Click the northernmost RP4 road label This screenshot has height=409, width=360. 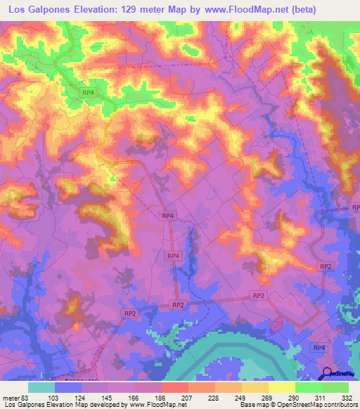point(88,92)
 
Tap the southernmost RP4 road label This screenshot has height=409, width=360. point(319,347)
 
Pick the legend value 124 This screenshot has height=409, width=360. point(84,398)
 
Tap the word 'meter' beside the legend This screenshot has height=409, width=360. point(9,398)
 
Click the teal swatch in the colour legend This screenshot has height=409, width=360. point(41,387)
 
